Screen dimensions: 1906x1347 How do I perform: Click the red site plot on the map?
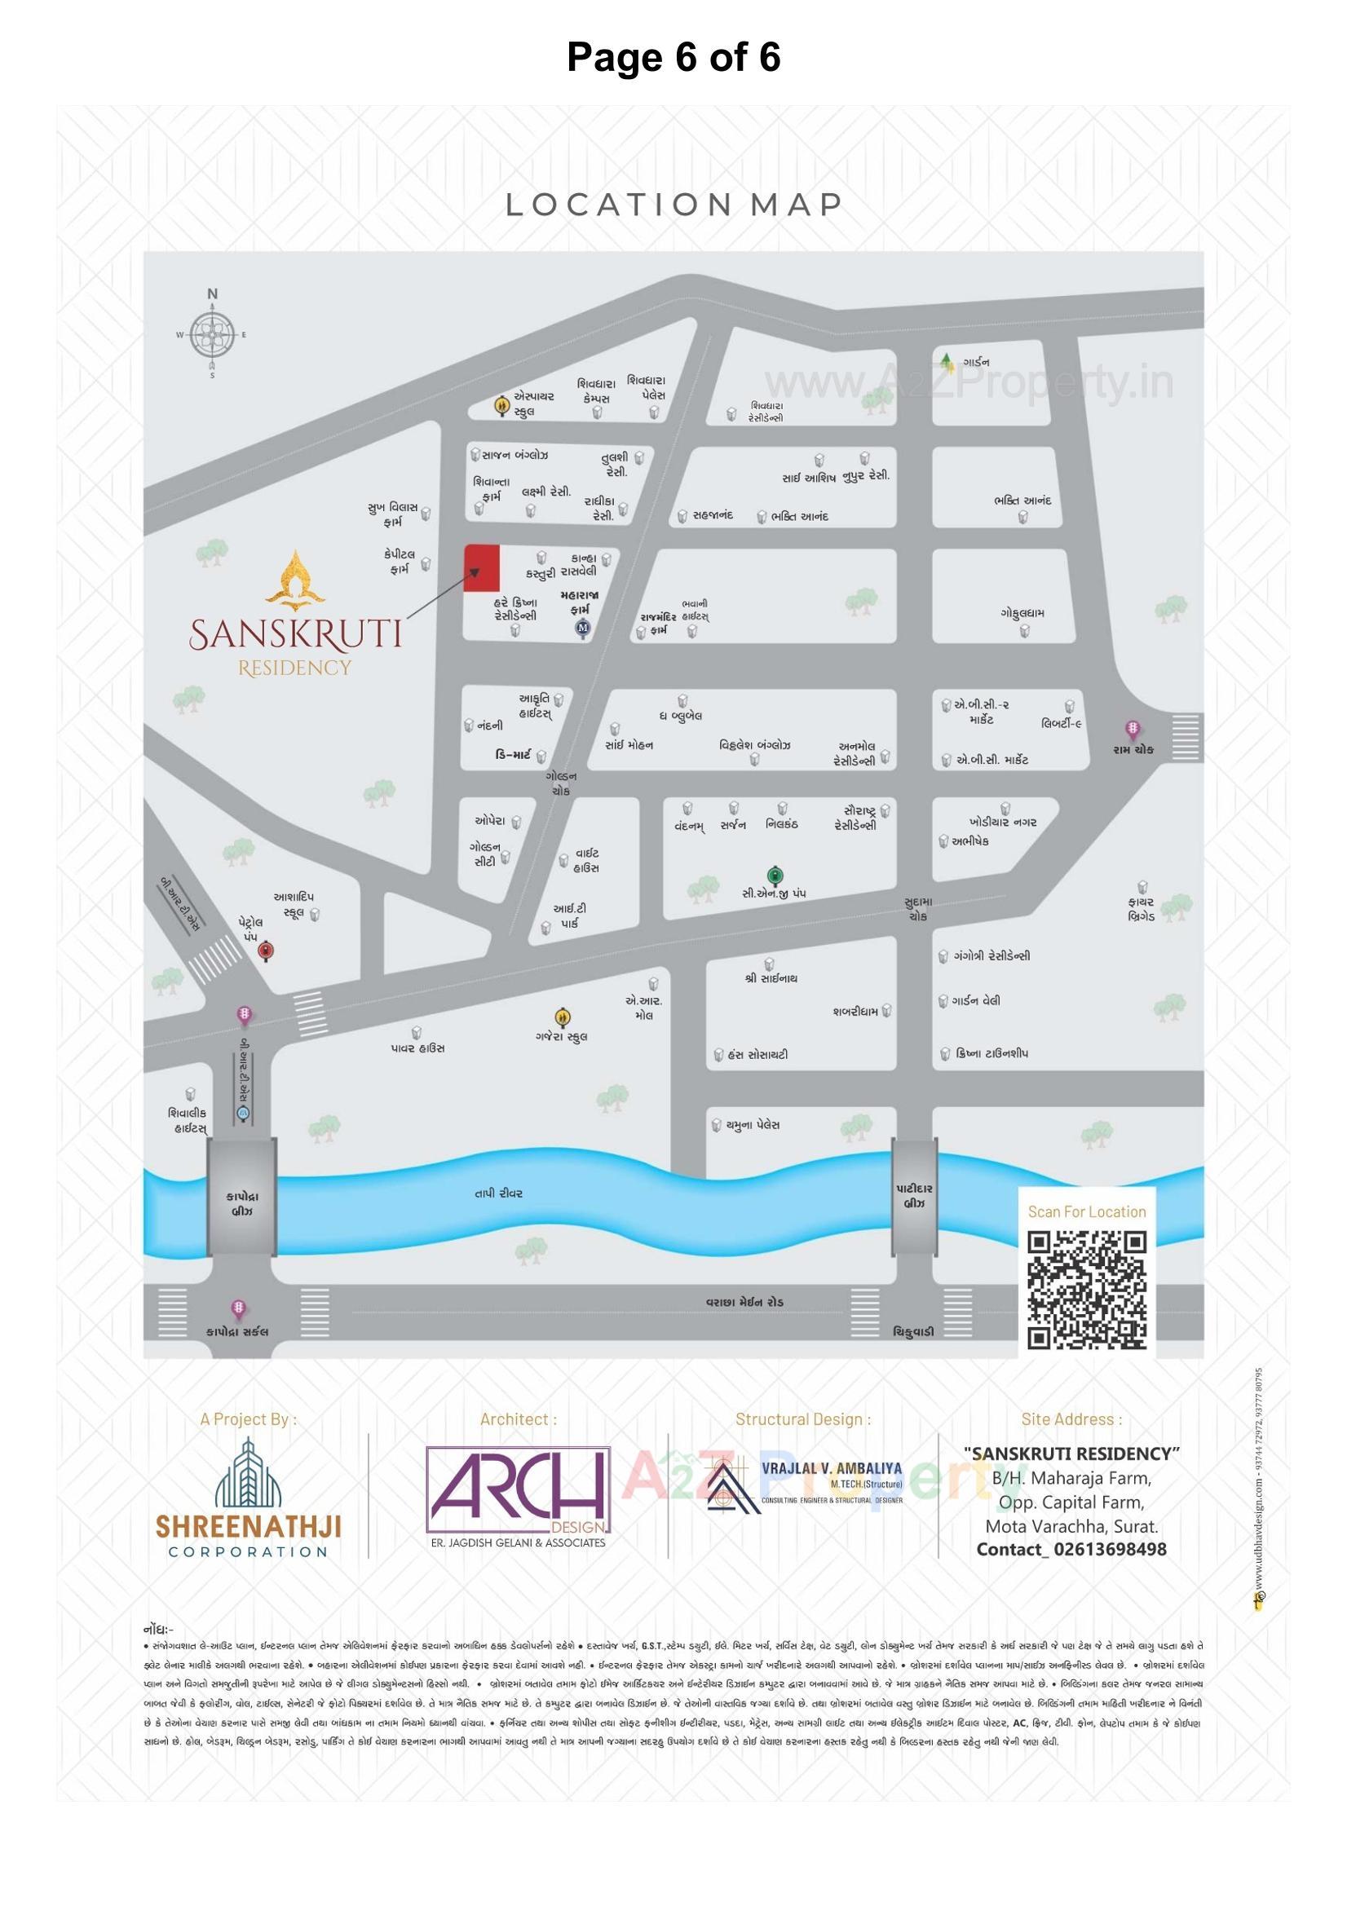coord(482,569)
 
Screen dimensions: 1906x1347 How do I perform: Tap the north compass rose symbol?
coord(213,335)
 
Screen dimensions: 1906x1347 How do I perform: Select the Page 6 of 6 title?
coord(673,57)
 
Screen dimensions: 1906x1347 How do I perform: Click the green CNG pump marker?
coord(774,874)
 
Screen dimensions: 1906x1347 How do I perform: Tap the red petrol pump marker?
coord(266,951)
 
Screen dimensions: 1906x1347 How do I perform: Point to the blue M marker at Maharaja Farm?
coord(583,629)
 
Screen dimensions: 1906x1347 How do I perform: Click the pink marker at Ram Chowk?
coord(1132,730)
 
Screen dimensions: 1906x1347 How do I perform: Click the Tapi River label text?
coord(498,1193)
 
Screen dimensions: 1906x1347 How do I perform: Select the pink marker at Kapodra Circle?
coord(238,1310)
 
